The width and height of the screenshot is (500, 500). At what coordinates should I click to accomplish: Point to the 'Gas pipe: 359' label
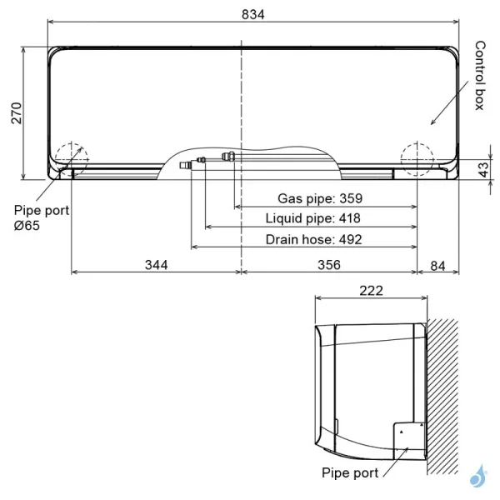pos(319,198)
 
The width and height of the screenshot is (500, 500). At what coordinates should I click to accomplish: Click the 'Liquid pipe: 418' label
pos(312,218)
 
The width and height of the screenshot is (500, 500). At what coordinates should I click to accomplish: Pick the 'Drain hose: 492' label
pos(313,239)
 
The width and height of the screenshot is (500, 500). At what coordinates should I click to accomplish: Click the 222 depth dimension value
pos(371,291)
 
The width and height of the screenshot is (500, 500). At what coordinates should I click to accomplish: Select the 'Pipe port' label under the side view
pos(350,472)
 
